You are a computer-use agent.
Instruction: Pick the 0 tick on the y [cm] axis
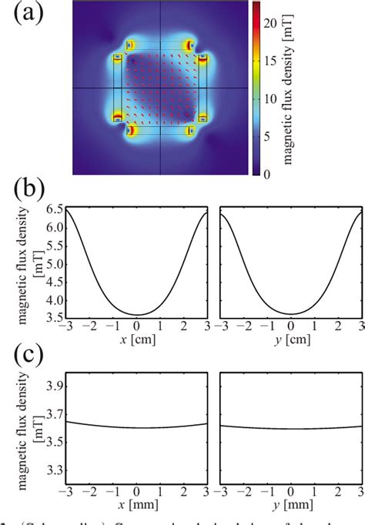click(x=291, y=331)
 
